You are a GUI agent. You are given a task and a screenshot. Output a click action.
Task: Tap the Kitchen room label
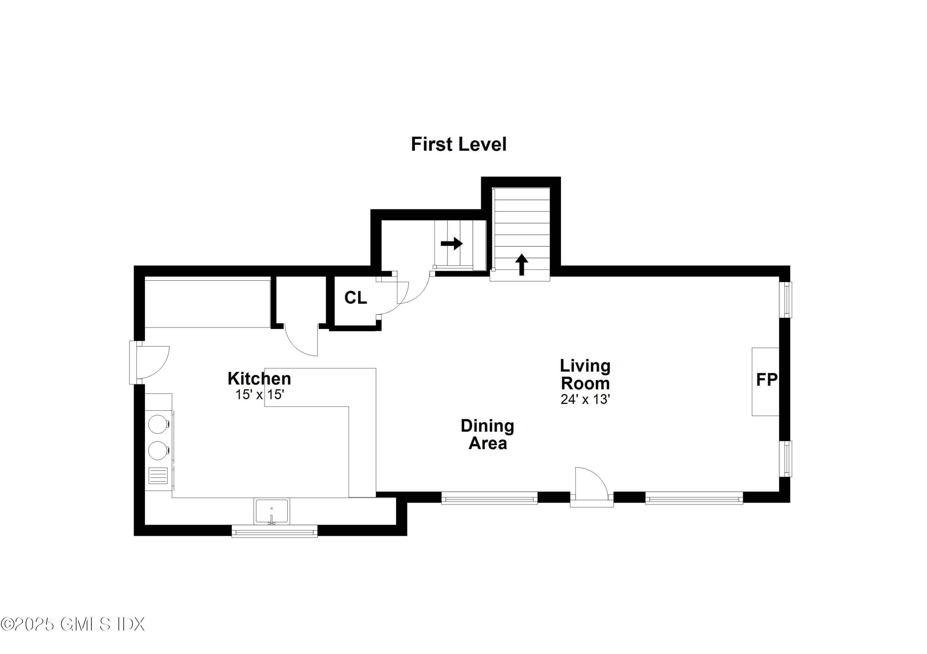pos(259,379)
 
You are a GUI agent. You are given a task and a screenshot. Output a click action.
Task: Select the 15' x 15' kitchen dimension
pos(260,394)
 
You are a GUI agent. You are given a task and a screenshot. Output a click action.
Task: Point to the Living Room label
pos(585,375)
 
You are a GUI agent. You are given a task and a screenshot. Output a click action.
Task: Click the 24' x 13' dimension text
pos(585,399)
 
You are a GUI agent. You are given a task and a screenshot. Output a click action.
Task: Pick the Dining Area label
pos(487,434)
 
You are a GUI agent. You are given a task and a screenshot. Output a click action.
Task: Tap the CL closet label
pos(356,298)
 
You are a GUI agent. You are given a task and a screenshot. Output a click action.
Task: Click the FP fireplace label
pos(767,380)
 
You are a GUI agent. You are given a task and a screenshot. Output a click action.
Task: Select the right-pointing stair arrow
pos(452,243)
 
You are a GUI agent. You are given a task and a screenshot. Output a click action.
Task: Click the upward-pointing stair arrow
pos(522,265)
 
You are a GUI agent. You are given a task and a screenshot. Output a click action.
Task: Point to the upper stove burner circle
pos(158,424)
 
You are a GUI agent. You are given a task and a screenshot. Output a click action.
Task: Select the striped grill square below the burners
pos(158,475)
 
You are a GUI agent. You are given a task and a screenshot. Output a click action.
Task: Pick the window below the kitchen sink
pos(275,531)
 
